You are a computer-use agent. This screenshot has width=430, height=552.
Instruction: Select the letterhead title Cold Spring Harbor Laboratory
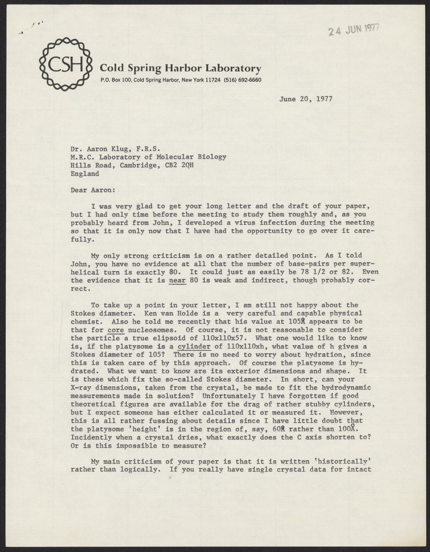point(181,68)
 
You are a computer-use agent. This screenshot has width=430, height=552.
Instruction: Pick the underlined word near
point(177,280)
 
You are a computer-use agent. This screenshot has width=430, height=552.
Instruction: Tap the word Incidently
point(91,437)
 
